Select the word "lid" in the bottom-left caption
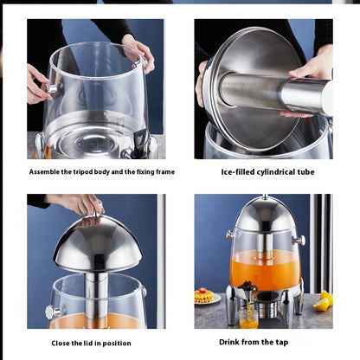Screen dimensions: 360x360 pyautogui.click(x=87, y=343)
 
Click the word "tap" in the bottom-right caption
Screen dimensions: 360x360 pyautogui.click(x=281, y=343)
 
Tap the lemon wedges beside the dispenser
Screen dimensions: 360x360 pyautogui.click(x=323, y=300)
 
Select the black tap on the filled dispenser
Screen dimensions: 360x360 pyautogui.click(x=247, y=288)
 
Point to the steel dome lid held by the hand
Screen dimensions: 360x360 pyautogui.click(x=98, y=244)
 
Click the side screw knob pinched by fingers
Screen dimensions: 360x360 pyautogui.click(x=52, y=88)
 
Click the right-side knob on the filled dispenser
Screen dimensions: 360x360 pyautogui.click(x=299, y=239)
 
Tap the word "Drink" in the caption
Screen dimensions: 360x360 pyautogui.click(x=229, y=342)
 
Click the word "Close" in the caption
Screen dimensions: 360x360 pyautogui.click(x=61, y=343)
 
